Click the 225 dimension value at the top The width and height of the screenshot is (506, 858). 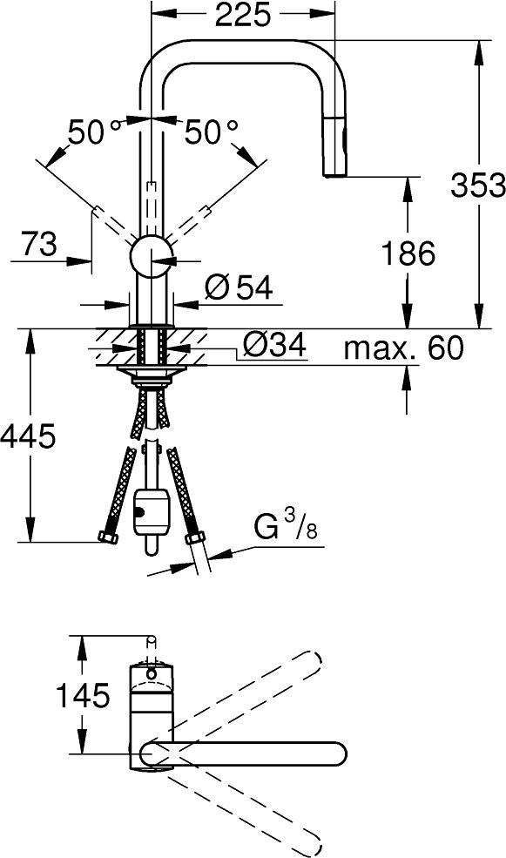click(242, 15)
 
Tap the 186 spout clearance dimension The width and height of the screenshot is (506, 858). click(408, 253)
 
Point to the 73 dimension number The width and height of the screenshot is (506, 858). click(39, 244)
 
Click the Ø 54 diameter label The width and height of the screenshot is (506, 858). click(239, 287)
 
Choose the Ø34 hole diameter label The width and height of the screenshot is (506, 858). click(273, 345)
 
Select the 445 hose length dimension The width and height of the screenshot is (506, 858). click(27, 436)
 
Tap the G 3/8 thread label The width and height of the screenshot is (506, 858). click(286, 526)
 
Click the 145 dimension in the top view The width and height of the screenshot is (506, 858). click(83, 695)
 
